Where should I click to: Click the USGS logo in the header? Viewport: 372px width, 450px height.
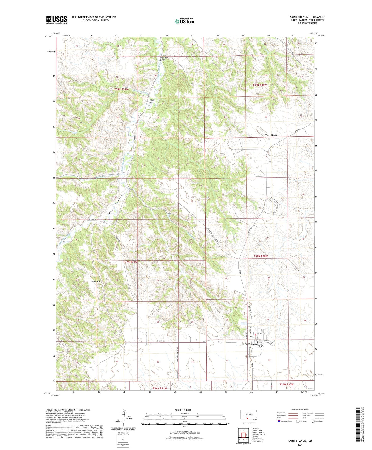pyautogui.click(x=57, y=20)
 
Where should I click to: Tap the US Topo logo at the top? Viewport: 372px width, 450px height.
pyautogui.click(x=185, y=21)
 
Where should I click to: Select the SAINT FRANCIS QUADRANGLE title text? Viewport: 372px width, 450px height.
pyautogui.click(x=307, y=17)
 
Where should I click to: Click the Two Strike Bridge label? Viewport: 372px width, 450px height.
pyautogui.click(x=164, y=59)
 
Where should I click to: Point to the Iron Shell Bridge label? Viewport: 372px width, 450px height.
pyautogui.click(x=150, y=101)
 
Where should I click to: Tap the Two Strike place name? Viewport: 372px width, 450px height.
pyautogui.click(x=271, y=135)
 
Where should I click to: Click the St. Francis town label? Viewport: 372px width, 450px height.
pyautogui.click(x=250, y=344)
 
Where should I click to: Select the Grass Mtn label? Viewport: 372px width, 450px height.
pyautogui.click(x=95, y=282)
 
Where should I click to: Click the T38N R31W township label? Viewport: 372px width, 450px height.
pyautogui.click(x=121, y=89)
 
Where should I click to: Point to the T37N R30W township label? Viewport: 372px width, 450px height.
pyautogui.click(x=261, y=256)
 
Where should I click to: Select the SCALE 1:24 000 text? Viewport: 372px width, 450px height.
pyautogui.click(x=183, y=410)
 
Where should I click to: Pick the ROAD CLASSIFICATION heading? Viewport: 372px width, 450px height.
pyautogui.click(x=300, y=410)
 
